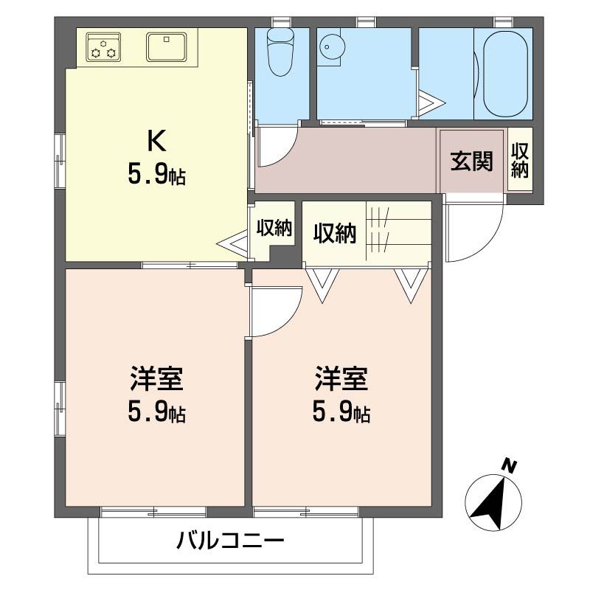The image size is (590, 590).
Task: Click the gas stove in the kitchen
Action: pos(103,47)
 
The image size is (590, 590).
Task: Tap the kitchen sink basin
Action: pos(167,47)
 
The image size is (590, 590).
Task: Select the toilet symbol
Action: pos(280,52)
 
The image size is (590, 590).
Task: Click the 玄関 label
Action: pos(471,161)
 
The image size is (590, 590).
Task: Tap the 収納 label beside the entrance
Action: pos(520,160)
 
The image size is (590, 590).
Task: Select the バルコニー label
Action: pos(230,541)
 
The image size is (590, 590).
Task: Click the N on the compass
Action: pos(508,466)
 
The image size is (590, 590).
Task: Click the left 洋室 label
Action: pos(156,378)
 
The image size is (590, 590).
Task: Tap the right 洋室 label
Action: pos(341,378)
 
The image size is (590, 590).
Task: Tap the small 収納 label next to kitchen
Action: pos(274,227)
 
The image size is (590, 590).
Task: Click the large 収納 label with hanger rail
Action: pos(335,233)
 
